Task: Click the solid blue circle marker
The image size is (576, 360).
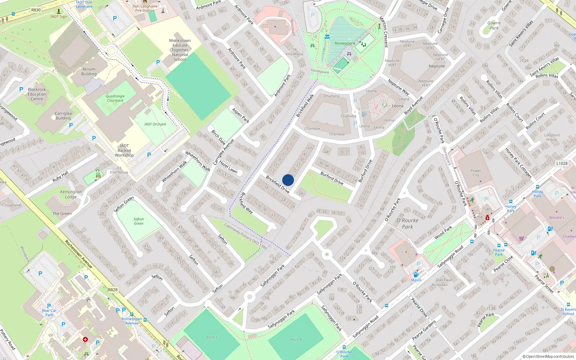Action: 288,180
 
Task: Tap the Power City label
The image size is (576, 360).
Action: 476,173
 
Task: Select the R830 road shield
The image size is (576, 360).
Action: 36,10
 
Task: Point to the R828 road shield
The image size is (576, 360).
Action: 113,289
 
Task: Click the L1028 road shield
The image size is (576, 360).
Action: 562,163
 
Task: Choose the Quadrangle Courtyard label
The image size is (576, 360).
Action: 115,98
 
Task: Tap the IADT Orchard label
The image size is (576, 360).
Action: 155,124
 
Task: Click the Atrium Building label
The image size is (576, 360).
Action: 89,72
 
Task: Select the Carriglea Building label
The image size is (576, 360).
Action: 63,116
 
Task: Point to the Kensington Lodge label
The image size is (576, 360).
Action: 71,194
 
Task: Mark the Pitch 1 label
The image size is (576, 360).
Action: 212,337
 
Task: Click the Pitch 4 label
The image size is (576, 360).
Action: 296,339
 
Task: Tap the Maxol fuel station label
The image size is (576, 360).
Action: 416,280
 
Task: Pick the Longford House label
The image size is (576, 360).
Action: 552,137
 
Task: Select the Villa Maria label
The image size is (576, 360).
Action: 294,54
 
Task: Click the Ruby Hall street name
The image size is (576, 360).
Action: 60,176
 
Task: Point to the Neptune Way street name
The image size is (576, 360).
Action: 398,87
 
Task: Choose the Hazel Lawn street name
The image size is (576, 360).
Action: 228,167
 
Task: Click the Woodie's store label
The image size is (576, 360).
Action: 557,217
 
